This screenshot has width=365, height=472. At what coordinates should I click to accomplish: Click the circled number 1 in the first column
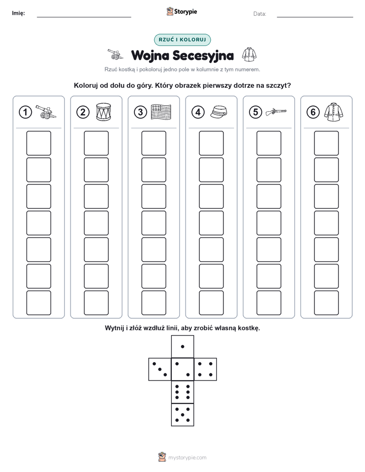[25, 112]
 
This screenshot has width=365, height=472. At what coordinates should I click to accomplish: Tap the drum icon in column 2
[103, 112]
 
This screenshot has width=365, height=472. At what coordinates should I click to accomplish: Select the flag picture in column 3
[161, 112]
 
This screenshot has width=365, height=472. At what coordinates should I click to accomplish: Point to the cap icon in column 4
[219, 112]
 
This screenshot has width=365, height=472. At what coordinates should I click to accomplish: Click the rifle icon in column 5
[276, 112]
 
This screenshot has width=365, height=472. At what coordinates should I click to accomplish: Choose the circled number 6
[313, 112]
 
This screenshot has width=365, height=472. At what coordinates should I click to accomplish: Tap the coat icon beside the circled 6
[334, 112]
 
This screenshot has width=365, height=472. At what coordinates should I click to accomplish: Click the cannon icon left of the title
[116, 54]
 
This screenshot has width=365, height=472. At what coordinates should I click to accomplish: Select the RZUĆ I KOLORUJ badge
[182, 40]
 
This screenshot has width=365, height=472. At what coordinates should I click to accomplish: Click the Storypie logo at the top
[181, 12]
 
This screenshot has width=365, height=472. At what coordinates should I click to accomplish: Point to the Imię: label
[18, 13]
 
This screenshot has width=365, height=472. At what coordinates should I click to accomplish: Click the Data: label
[260, 14]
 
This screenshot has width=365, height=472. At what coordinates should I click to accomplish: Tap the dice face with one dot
[182, 347]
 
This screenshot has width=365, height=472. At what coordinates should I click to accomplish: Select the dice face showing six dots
[182, 392]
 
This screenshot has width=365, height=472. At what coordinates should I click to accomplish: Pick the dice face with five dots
[182, 415]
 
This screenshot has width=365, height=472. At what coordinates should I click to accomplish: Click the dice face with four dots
[206, 369]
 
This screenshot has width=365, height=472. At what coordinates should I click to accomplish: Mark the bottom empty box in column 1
[38, 303]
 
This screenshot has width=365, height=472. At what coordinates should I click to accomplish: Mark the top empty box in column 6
[326, 143]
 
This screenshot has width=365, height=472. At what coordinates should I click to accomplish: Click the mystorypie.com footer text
[187, 458]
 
